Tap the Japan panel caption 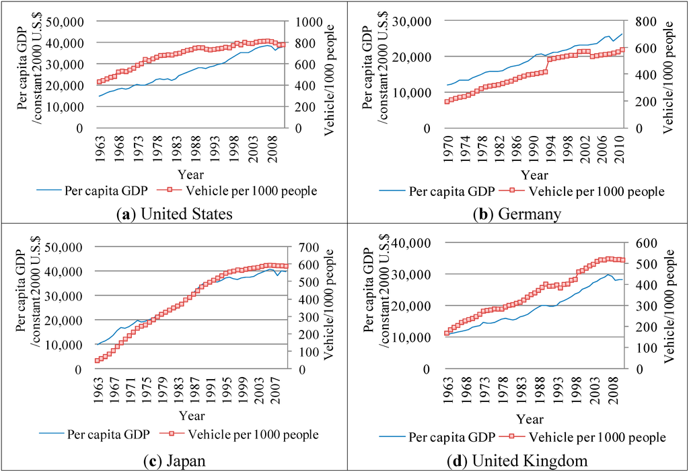(174, 461)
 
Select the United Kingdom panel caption (517, 461)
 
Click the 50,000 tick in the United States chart (64, 22)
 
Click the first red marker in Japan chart (98, 360)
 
